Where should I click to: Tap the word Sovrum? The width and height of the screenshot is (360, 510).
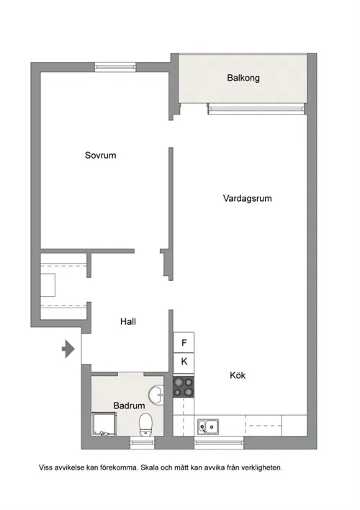coord(100,155)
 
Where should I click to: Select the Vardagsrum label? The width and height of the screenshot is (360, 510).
coord(247,199)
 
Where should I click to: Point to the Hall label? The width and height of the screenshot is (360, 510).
coord(128,322)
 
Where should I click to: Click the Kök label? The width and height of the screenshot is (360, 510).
coord(238,375)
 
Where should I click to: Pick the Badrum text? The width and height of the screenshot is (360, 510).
coord(129,406)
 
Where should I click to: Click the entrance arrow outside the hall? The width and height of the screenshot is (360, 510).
coord(68,350)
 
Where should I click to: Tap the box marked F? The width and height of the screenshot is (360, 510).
coord(184,343)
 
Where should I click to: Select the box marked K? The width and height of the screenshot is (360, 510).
coord(184,362)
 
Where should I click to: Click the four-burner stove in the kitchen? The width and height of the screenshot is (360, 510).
coord(184,386)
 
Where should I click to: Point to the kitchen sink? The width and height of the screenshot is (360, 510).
coord(209,426)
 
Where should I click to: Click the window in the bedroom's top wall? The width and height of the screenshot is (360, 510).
coord(115,68)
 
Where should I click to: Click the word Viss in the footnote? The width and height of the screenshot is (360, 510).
coord(47,467)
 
